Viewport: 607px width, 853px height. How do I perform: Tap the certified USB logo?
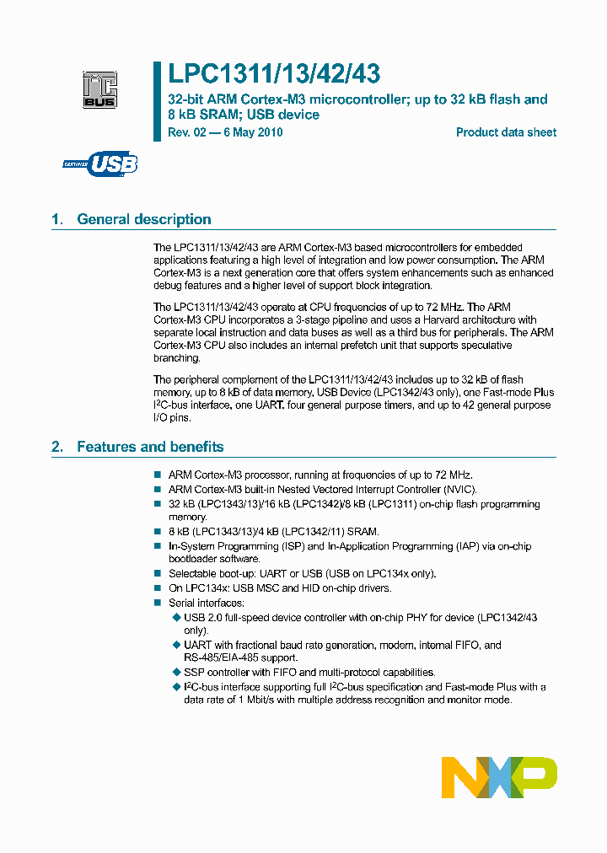[100, 164]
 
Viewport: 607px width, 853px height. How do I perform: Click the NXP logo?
[499, 776]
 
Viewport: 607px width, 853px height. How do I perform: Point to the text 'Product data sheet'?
[506, 132]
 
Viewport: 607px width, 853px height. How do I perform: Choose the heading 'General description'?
[144, 219]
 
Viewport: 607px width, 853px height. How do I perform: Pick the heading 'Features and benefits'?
[150, 447]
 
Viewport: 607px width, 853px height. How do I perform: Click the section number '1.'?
[57, 219]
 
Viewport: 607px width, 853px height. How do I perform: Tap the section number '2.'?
[57, 447]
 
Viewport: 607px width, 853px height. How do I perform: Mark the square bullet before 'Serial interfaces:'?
[157, 603]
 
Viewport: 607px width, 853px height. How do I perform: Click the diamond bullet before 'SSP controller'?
[176, 672]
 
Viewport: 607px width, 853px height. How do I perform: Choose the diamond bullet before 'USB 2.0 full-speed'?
[176, 618]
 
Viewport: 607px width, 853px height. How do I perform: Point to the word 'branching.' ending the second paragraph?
[176, 358]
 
